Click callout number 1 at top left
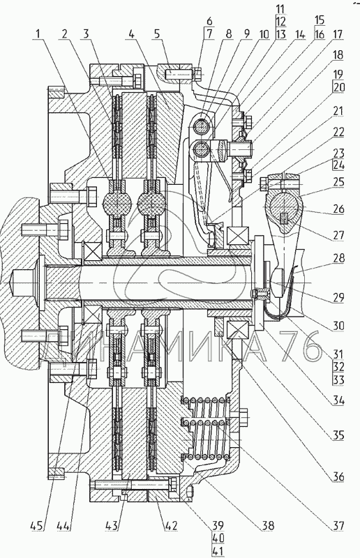pos(38,34)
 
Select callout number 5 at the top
pos(158,34)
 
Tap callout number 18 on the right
pos(338,55)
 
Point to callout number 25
pos(338,183)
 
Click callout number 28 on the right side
pos(338,258)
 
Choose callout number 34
pos(338,401)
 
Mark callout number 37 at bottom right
pos(338,526)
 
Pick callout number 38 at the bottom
pos(268,526)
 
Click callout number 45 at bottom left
pos(38,526)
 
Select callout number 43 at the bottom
pos(111,526)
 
